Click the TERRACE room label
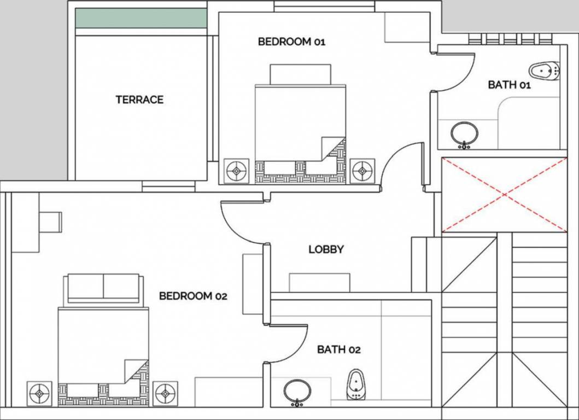click(x=139, y=100)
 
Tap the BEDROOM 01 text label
click(x=291, y=42)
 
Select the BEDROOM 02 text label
click(x=192, y=296)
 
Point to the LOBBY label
click(x=326, y=249)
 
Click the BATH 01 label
click(x=509, y=85)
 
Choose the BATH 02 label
click(x=338, y=349)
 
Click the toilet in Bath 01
click(x=544, y=71)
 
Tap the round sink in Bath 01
click(x=465, y=133)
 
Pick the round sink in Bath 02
click(x=297, y=392)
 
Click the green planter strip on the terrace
click(x=141, y=18)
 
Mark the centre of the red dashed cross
click(x=504, y=194)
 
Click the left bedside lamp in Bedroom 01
click(x=237, y=171)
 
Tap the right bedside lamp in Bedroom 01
click(x=361, y=171)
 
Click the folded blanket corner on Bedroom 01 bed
click(x=333, y=148)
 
